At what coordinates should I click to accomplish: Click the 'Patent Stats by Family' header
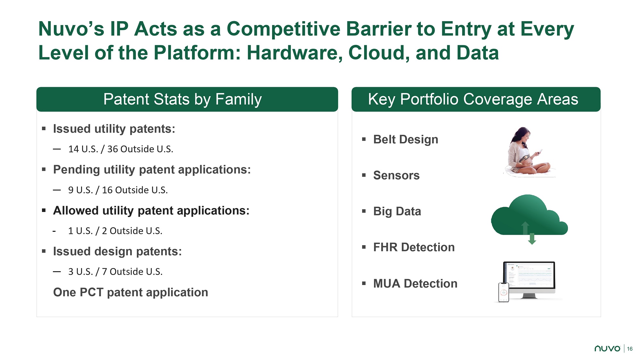click(x=182, y=99)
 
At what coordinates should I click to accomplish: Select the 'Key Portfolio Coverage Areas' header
click(x=473, y=99)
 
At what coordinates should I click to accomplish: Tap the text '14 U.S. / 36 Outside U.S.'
click(x=121, y=149)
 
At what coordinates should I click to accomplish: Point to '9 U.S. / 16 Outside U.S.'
click(x=118, y=190)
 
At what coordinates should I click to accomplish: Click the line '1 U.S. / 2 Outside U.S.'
click(x=115, y=231)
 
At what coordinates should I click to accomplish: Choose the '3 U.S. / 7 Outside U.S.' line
click(x=115, y=272)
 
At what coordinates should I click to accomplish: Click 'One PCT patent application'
click(x=130, y=292)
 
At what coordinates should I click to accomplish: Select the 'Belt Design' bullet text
click(x=405, y=139)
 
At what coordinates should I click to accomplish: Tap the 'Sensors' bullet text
click(x=396, y=175)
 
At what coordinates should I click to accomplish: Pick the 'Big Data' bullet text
click(x=397, y=211)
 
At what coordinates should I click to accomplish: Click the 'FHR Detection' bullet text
click(x=414, y=247)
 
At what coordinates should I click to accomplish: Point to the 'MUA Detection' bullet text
click(x=415, y=283)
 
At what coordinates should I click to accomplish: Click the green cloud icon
click(x=529, y=215)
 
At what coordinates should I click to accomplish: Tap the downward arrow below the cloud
click(x=532, y=239)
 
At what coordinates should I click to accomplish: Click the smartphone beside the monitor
click(x=504, y=292)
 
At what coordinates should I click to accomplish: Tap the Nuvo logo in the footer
click(x=607, y=348)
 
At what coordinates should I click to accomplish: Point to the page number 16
click(x=630, y=349)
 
